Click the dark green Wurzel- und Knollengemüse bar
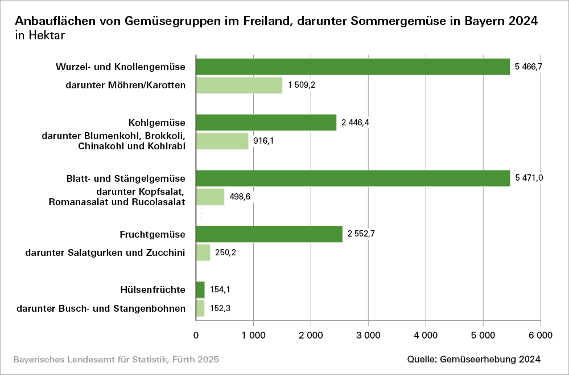coord(353,67)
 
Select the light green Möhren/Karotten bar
coord(239,85)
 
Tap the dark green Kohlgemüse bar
coord(266,123)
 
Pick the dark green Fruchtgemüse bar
coord(269,234)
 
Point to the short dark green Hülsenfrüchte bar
coord(200,290)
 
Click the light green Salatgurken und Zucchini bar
coord(203,252)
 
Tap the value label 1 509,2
coord(302,85)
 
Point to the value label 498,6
coord(240,197)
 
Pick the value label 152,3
coord(220,309)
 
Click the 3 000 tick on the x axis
coord(368,336)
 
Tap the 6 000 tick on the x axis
coord(540,336)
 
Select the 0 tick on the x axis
coord(196,336)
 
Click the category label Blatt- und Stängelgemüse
coord(126,178)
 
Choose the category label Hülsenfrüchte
coord(152,290)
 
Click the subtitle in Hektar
coord(40,36)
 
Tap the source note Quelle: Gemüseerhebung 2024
coord(473,360)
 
